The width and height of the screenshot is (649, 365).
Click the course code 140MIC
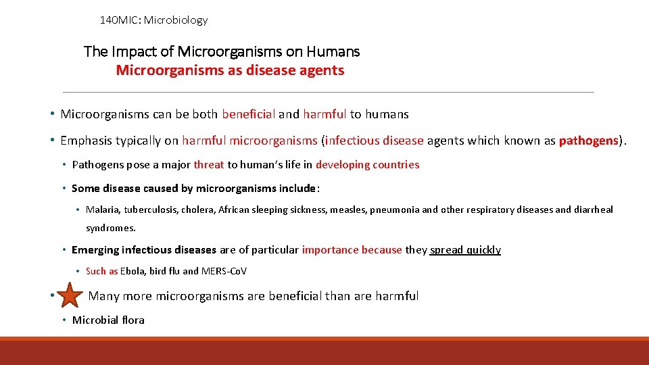pos(119,20)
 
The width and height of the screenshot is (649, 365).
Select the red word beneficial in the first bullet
pos(248,114)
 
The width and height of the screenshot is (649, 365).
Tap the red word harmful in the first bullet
pos(324,114)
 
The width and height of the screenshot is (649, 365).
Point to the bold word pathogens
pos(588,141)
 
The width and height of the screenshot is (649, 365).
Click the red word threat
pos(209,165)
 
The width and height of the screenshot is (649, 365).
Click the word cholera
pos(199,210)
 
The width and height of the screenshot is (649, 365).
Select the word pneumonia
pos(395,210)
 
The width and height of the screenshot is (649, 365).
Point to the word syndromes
pos(111,228)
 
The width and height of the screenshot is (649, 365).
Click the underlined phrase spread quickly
pos(465,250)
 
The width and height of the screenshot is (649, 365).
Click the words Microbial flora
pos(108,320)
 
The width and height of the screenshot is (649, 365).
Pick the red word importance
pos(330,250)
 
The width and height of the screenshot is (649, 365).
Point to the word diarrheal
pos(594,210)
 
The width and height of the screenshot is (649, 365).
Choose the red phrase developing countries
pos(367,165)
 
